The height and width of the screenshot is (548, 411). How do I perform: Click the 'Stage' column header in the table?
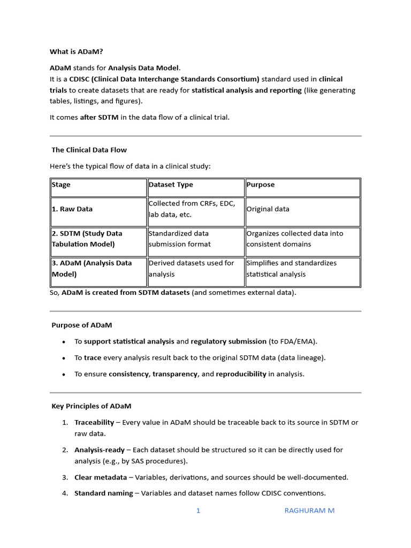pos(61,185)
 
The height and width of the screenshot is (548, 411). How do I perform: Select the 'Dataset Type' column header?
pos(171,185)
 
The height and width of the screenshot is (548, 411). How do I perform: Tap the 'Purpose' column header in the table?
pos(261,185)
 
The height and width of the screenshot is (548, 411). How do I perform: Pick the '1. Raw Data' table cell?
pos(72,209)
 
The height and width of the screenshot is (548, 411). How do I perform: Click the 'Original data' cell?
pos(268,209)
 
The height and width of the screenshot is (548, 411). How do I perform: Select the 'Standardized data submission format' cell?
pos(180,239)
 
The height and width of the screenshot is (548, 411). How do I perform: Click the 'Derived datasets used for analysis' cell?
pos(191,269)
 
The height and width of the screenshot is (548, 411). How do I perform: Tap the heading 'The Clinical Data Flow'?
pos(89,150)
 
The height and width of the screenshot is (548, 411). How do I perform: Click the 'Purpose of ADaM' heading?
pos(81,325)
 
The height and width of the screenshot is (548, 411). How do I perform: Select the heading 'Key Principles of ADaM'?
pos(91,406)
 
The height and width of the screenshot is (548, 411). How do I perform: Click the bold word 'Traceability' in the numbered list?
pos(94,422)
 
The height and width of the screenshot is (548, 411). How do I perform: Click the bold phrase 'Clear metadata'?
pos(101,477)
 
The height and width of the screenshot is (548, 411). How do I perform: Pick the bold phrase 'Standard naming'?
pos(103,493)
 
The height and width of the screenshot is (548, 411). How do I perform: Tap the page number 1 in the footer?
pos(198,511)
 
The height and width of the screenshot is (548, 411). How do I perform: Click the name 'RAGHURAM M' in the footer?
pos(309,511)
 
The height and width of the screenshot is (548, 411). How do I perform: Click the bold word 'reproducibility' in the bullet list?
pos(241,374)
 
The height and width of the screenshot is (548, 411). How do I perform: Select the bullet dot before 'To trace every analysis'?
pos(64,358)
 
